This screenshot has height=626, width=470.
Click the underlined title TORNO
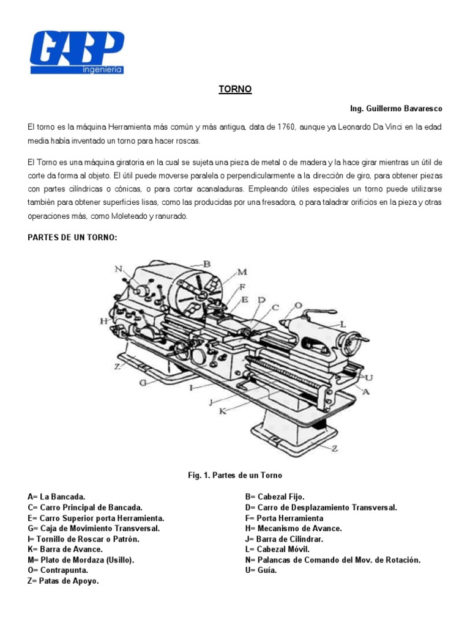point(235,89)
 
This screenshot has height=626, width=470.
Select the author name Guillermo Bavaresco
point(396,108)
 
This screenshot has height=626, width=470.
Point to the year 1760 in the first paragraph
point(286,126)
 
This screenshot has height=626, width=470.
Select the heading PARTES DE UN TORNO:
point(72,237)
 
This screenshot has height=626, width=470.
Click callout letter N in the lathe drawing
point(118,268)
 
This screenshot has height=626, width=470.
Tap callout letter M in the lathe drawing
point(242,272)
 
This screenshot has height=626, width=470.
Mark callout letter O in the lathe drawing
point(298,305)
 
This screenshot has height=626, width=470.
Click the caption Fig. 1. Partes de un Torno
point(234,475)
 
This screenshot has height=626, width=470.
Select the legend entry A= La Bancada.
point(56,498)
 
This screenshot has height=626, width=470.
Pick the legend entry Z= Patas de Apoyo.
point(63,581)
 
